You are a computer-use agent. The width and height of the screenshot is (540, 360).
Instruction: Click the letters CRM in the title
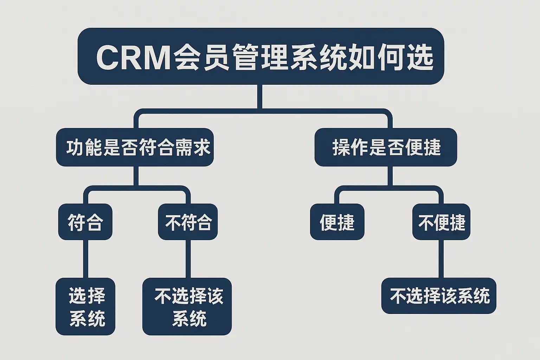pyautogui.click(x=133, y=57)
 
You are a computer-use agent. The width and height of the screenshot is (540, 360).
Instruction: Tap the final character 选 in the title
pyautogui.click(x=418, y=57)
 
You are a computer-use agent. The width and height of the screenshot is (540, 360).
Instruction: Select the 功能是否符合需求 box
pyautogui.click(x=135, y=147)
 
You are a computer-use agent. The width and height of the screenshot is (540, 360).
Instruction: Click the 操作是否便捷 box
pyautogui.click(x=386, y=147)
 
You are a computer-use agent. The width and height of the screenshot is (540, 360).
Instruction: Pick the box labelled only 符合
pyautogui.click(x=85, y=222)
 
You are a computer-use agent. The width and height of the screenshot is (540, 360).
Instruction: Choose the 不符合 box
pyautogui.click(x=188, y=222)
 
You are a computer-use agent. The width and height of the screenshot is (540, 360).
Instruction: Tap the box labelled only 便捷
pyautogui.click(x=337, y=222)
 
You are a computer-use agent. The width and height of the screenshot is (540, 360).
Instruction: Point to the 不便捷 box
pyautogui.click(x=441, y=222)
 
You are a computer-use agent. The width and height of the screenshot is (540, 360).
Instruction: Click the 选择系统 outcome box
pyautogui.click(x=85, y=306)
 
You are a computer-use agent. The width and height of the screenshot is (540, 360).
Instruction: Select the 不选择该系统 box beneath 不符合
pyautogui.click(x=187, y=306)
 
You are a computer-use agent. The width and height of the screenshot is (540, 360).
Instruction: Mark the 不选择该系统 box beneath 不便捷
pyautogui.click(x=439, y=296)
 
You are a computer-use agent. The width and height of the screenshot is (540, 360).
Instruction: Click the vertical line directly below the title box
pyautogui.click(x=260, y=96)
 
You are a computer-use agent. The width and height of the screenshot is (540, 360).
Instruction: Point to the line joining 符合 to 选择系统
pyautogui.click(x=85, y=259)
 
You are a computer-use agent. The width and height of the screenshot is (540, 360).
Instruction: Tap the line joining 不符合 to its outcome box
pyautogui.click(x=188, y=259)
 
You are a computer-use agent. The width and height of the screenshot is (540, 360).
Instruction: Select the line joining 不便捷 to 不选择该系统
pyautogui.click(x=441, y=259)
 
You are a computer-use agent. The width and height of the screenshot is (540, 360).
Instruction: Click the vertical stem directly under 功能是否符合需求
pyautogui.click(x=135, y=176)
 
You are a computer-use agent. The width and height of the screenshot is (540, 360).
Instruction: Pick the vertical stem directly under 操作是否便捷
pyautogui.click(x=390, y=176)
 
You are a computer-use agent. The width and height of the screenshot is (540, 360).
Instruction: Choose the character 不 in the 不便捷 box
pyautogui.click(x=425, y=222)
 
